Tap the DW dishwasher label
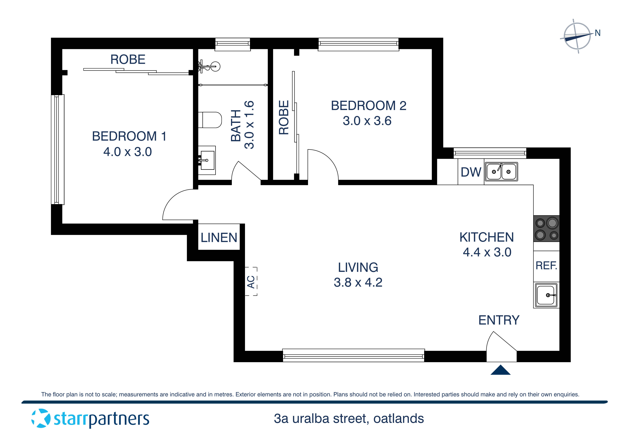point(471,172)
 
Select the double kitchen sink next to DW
point(501,172)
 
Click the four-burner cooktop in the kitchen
point(546,229)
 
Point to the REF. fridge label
point(546,266)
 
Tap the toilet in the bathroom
point(210,120)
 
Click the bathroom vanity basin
point(207,160)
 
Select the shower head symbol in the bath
point(215,66)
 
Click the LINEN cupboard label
point(219,238)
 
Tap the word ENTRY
point(499,320)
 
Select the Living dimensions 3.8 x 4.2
point(358,282)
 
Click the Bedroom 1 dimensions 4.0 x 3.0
point(127,152)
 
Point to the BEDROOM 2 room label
point(368,106)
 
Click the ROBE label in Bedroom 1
point(128,59)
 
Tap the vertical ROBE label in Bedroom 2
point(284,118)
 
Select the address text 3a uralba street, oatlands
point(349,419)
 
